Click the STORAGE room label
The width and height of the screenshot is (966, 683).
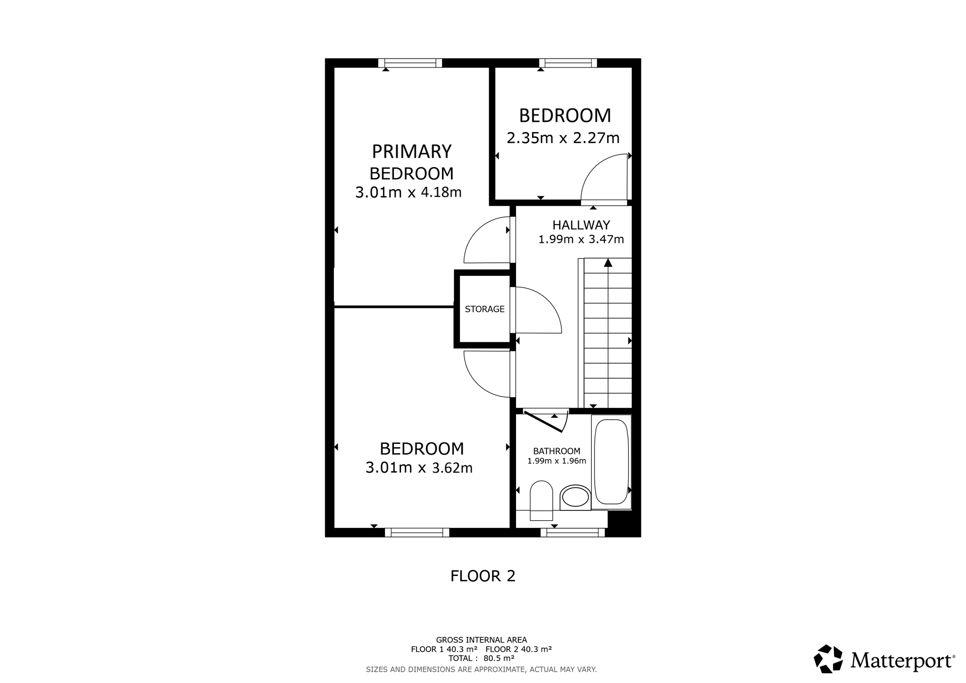coord(484,309)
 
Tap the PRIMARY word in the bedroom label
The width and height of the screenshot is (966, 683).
coord(412,151)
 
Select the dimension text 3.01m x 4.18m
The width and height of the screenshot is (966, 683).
coord(408,192)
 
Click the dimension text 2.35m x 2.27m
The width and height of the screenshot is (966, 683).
coord(563,138)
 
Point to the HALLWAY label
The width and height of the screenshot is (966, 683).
coord(581,225)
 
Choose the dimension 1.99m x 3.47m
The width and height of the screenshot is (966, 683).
coord(581,239)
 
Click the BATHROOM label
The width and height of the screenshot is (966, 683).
coord(557,451)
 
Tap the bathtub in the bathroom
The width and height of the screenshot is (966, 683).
coord(611,462)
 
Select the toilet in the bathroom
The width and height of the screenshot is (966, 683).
coord(541,500)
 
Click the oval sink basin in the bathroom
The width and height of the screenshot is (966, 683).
coord(575,497)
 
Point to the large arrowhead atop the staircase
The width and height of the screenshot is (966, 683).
coord(608,263)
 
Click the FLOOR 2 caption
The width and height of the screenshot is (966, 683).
coord(483,576)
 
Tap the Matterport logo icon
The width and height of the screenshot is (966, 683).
coord(828,658)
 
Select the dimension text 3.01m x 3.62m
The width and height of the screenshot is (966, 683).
coord(419,468)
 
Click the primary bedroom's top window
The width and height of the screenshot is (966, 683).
coord(410,63)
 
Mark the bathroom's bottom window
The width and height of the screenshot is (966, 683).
coord(573,533)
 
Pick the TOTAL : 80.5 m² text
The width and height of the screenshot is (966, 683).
coord(481,658)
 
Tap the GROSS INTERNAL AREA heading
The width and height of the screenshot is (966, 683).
coord(481,640)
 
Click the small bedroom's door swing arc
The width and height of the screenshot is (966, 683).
coord(594,165)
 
